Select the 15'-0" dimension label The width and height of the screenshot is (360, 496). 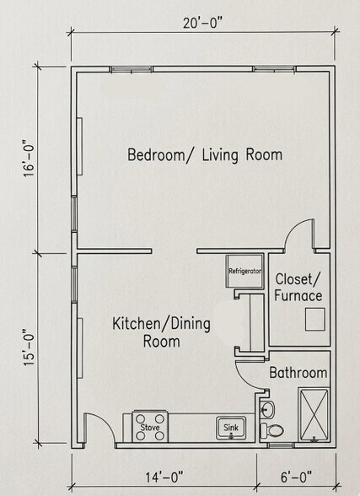pos(28,346)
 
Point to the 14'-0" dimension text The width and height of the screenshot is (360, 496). pos(157,478)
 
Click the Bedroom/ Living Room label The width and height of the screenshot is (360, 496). pos(204,155)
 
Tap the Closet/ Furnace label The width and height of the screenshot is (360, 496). pos(298,287)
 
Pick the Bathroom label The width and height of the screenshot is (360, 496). pos(298,373)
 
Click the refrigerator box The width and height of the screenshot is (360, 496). pos(244,272)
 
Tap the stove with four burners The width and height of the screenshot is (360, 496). pos(150,424)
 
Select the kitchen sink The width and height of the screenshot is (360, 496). pos(230,428)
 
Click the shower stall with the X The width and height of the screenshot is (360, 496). pos(314,413)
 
